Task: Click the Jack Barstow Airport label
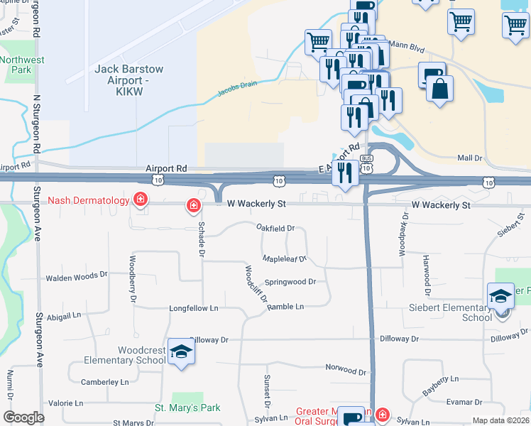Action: click(129, 76)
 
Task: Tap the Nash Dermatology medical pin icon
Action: click(141, 200)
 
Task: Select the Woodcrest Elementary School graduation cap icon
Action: click(182, 351)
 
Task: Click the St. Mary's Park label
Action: click(187, 408)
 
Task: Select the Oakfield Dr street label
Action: click(275, 228)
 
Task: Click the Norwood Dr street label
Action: click(346, 371)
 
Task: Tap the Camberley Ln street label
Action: click(105, 382)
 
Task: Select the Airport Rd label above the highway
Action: click(166, 168)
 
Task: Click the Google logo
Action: click(24, 417)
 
